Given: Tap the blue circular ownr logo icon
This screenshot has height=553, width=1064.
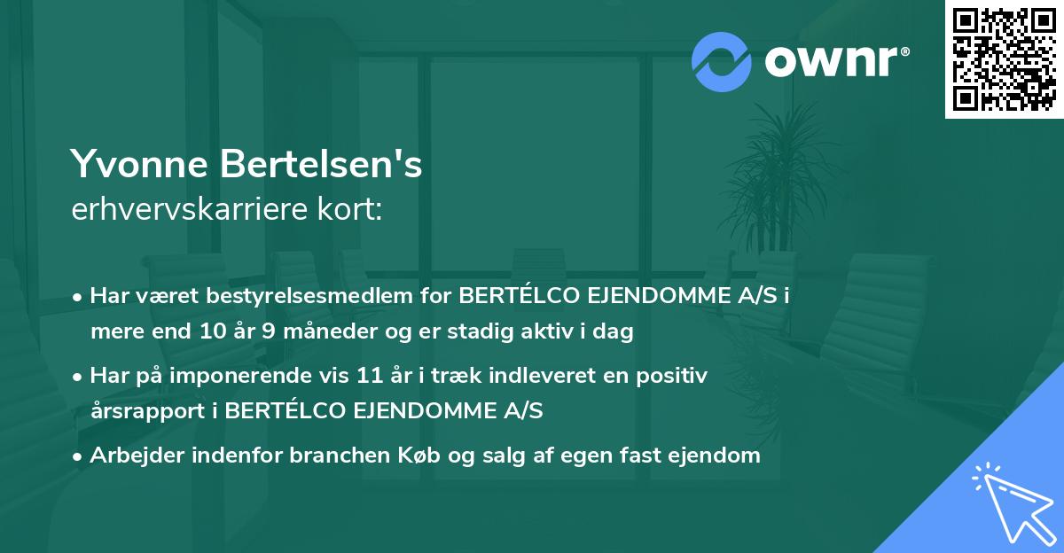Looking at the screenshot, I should click(x=722, y=61).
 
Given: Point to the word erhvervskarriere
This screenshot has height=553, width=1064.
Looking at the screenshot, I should click(x=181, y=210).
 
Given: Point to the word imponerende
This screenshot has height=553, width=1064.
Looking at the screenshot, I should click(x=269, y=376).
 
